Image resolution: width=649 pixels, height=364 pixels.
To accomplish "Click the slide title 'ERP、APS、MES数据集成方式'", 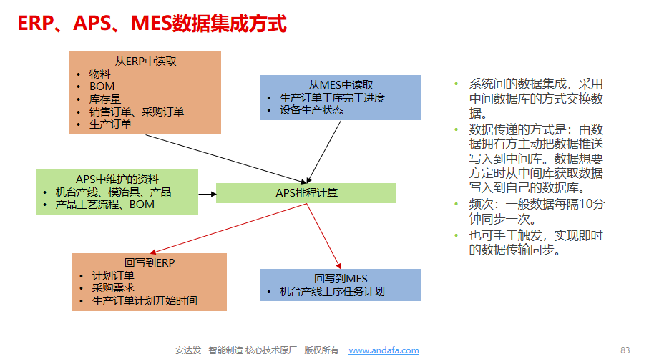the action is click(x=152, y=24).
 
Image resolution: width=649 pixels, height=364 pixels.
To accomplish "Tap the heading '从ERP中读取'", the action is click(x=145, y=62).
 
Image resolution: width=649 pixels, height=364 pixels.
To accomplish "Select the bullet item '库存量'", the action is click(x=105, y=99).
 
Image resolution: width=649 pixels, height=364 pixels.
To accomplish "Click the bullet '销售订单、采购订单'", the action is click(x=137, y=112).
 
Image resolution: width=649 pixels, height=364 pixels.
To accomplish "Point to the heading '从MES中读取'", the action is click(x=341, y=85).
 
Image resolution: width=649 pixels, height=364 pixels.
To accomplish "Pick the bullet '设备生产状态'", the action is click(x=311, y=110).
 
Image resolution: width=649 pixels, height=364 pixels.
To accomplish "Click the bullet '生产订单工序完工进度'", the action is click(x=332, y=98).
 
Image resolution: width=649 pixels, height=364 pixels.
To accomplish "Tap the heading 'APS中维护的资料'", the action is click(x=117, y=179).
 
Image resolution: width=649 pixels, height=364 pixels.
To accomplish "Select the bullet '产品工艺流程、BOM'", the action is click(x=104, y=205).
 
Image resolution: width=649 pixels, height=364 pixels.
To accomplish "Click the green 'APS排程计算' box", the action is click(x=306, y=193).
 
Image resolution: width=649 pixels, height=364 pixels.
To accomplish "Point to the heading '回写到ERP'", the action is click(x=150, y=263).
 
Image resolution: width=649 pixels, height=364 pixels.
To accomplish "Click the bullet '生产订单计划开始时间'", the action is click(x=145, y=301).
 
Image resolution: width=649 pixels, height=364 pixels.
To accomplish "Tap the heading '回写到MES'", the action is click(x=341, y=279).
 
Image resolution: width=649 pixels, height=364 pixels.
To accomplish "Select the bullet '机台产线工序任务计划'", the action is click(x=332, y=292).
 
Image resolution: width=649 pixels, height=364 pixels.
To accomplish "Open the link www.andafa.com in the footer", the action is click(x=384, y=350).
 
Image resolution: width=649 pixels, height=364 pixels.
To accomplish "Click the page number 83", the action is click(x=625, y=350).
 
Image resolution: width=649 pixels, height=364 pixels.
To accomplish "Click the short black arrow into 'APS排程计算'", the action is click(x=208, y=194).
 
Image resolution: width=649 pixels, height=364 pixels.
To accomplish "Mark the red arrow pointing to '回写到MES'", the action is click(x=323, y=236).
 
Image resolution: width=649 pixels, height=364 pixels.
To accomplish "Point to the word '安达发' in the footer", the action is click(x=188, y=350).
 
